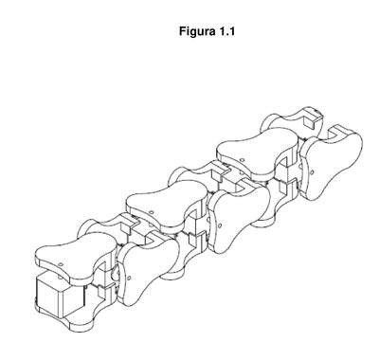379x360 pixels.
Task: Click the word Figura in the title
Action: point(196,31)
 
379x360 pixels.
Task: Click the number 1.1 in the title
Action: point(226,31)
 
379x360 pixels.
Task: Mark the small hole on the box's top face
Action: point(60,278)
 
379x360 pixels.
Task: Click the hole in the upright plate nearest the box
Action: point(129,279)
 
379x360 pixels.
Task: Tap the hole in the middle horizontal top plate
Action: point(152,212)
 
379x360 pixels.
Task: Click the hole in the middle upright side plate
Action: point(220,225)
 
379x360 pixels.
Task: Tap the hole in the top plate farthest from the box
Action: point(242,160)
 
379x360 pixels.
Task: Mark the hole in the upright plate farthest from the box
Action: point(312,172)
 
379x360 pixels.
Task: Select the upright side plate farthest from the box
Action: point(330,164)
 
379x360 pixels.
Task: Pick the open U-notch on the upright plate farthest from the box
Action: point(335,135)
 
